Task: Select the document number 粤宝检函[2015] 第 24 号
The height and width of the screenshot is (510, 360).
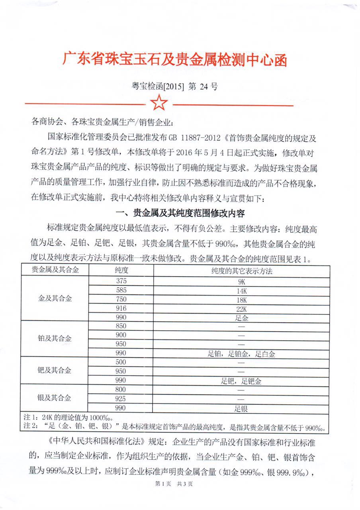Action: pyautogui.click(x=175, y=86)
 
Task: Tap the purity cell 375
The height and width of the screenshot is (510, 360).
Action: pyautogui.click(x=121, y=280)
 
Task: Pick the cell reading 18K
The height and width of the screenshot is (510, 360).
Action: pyautogui.click(x=241, y=299)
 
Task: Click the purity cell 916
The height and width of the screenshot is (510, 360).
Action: pyautogui.click(x=121, y=308)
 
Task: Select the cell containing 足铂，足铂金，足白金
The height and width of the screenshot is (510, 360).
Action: pyautogui.click(x=241, y=353)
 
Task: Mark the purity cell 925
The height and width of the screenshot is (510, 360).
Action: pyautogui.click(x=121, y=398)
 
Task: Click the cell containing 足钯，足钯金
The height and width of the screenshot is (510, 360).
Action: pyautogui.click(x=241, y=381)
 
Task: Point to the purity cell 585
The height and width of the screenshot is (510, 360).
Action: pyautogui.click(x=121, y=290)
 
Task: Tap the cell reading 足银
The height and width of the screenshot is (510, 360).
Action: pyautogui.click(x=241, y=408)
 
